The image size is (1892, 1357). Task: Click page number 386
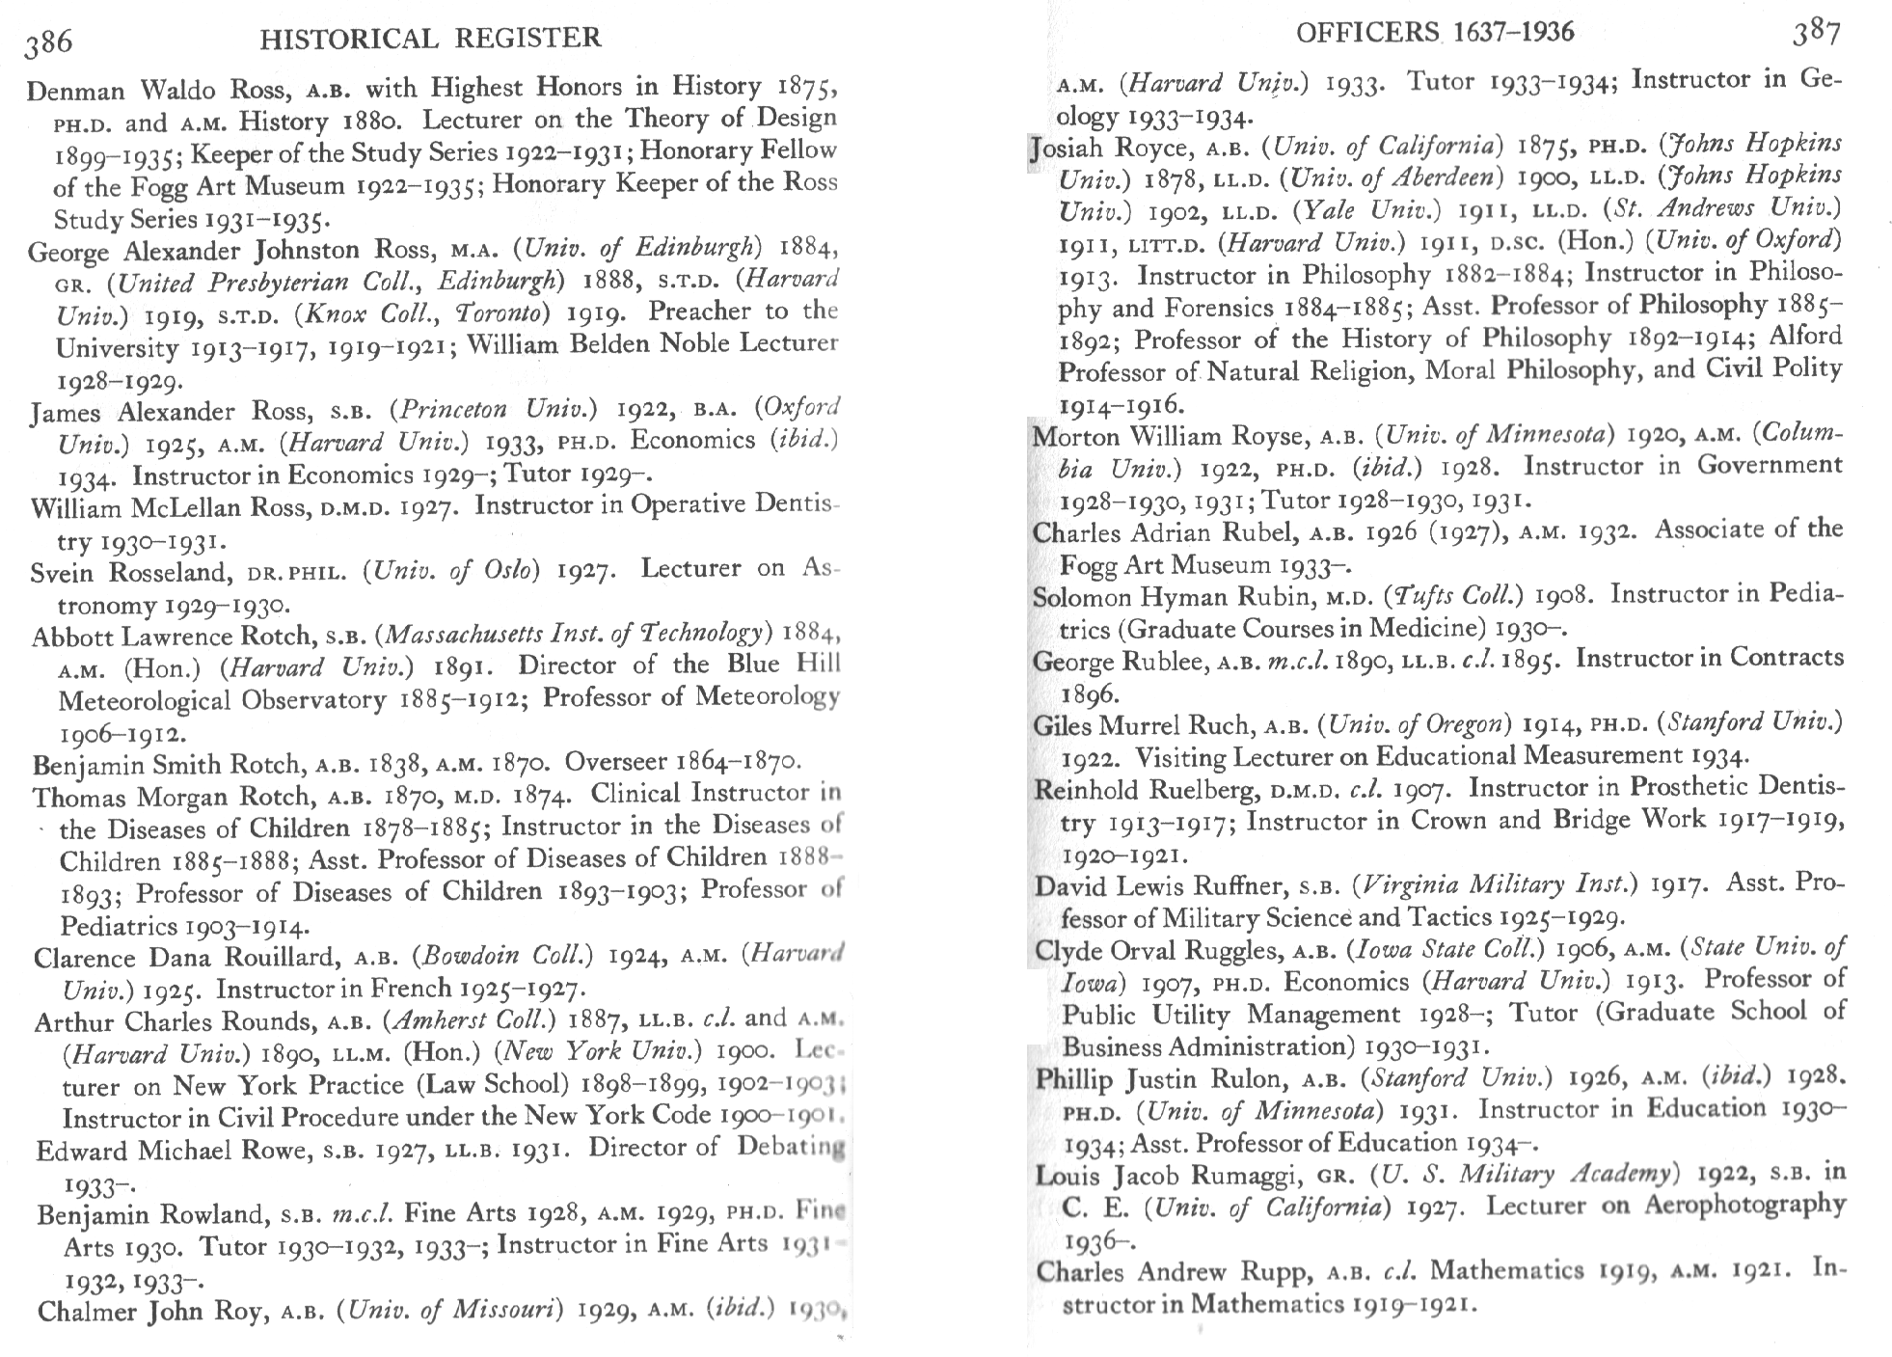pyautogui.click(x=49, y=41)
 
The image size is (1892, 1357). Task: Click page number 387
pyautogui.click(x=1818, y=35)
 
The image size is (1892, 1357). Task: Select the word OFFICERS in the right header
pyautogui.click(x=1367, y=33)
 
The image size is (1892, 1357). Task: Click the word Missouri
pyautogui.click(x=498, y=1310)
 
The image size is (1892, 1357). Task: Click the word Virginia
pyautogui.click(x=1409, y=884)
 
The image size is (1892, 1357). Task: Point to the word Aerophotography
pyautogui.click(x=1744, y=1206)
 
